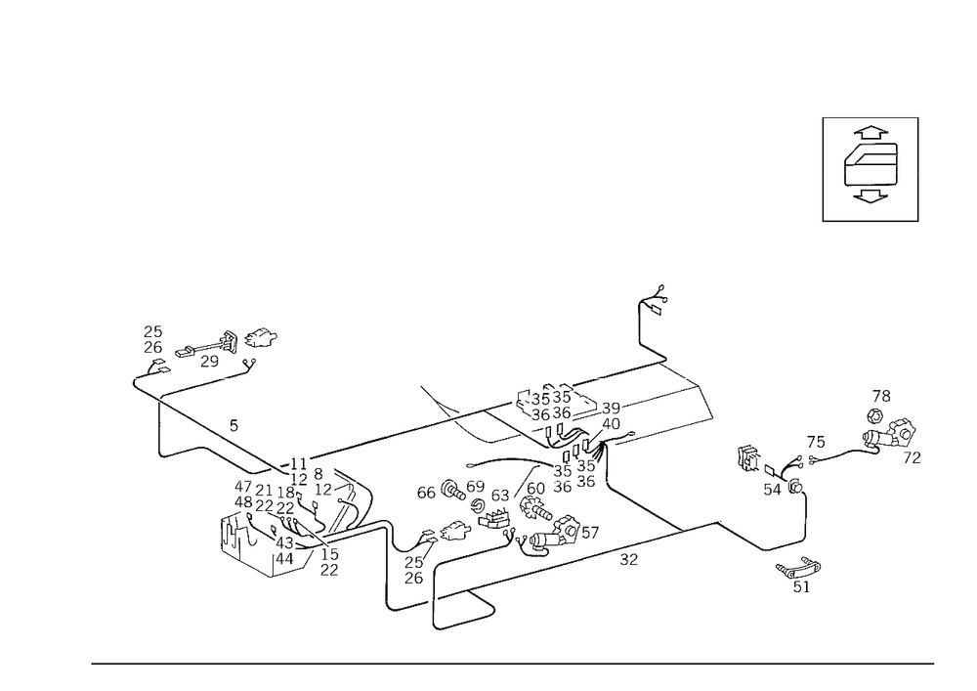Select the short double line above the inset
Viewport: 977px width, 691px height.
click(x=870, y=119)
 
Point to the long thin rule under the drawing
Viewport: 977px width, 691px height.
click(x=512, y=663)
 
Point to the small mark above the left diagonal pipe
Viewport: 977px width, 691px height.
click(x=232, y=424)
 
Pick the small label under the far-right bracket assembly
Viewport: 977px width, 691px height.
click(x=913, y=456)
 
